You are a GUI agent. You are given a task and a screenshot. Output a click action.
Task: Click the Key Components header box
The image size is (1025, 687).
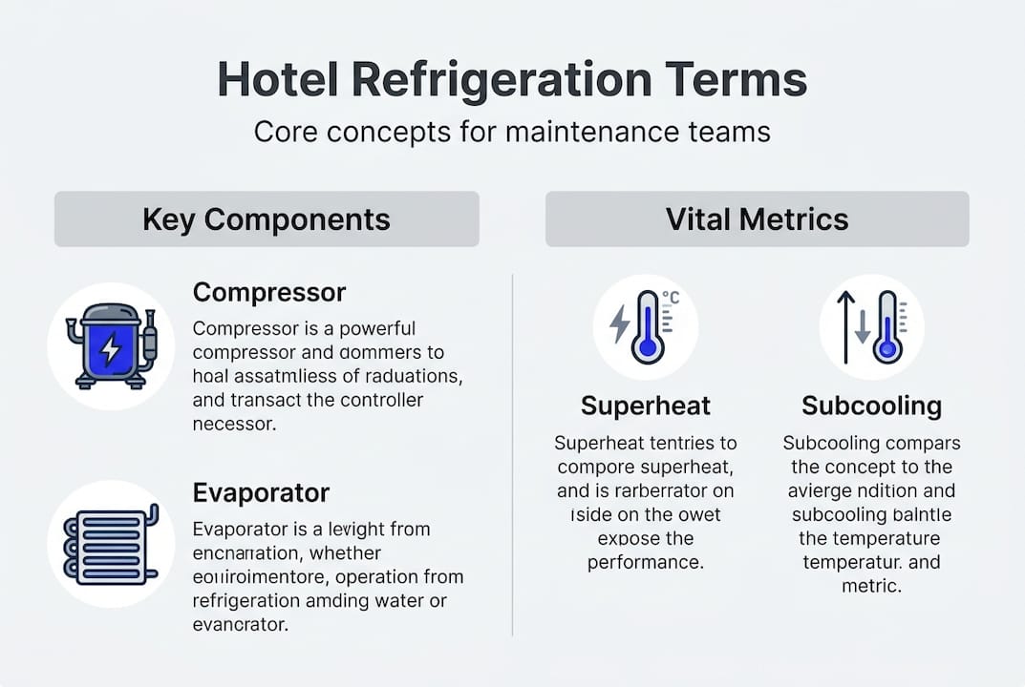267,219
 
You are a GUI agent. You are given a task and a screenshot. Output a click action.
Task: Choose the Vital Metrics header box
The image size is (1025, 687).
757,219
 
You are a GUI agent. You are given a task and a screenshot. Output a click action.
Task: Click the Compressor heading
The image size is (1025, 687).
269,292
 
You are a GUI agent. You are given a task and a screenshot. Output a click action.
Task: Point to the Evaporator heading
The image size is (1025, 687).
261,492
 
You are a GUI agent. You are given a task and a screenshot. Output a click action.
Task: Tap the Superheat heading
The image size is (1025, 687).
646,406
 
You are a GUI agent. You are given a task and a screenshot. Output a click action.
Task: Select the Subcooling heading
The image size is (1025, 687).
871,406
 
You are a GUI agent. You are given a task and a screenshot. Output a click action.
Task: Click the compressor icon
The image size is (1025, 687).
111,345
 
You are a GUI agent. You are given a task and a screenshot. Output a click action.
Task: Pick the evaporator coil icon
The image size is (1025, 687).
111,545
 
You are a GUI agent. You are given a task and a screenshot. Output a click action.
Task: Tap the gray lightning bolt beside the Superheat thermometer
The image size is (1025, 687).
620,324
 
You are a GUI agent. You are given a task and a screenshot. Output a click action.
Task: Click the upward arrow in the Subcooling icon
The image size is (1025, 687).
845,327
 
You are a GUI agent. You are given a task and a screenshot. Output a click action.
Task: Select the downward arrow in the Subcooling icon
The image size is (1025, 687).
863,328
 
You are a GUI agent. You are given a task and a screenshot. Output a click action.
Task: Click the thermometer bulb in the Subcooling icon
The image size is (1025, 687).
888,350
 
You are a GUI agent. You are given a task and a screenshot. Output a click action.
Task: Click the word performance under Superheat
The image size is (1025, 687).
646,562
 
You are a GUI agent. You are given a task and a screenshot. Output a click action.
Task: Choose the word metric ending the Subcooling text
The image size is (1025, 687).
871,586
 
